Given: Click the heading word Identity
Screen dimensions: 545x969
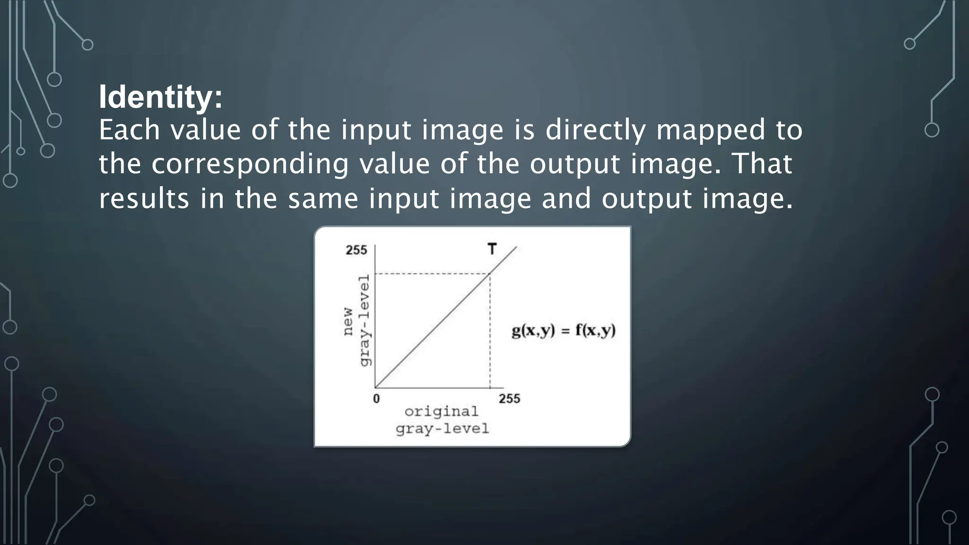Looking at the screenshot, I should [x=160, y=97].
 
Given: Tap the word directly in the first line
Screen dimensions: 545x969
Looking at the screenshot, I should [x=596, y=131].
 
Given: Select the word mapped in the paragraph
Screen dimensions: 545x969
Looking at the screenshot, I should [x=710, y=131].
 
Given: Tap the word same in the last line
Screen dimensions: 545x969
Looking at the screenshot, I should [x=323, y=198].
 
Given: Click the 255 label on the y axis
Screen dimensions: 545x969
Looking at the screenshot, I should [x=356, y=250].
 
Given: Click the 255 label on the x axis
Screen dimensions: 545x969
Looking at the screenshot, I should [x=509, y=399].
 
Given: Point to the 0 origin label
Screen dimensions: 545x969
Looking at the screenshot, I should [x=376, y=399].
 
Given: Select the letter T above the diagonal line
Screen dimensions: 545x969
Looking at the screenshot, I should [x=492, y=249].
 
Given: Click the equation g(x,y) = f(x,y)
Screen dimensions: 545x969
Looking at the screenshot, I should [x=564, y=330].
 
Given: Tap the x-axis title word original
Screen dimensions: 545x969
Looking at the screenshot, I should [x=441, y=411].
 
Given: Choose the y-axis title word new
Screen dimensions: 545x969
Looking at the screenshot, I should [x=348, y=322].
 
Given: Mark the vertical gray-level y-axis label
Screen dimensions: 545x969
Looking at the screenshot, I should [x=364, y=320].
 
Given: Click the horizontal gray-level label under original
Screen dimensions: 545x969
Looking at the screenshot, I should [x=442, y=429].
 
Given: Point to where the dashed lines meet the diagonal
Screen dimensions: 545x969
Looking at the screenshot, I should [x=490, y=273].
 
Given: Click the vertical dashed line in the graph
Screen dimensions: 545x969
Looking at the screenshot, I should [x=490, y=331].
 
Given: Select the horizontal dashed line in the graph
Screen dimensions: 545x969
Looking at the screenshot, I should [x=431, y=273].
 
